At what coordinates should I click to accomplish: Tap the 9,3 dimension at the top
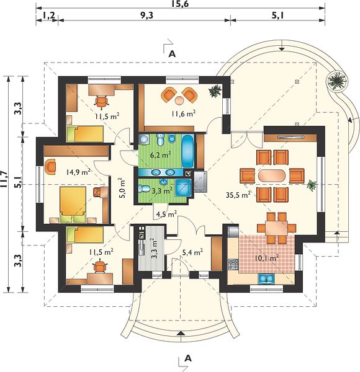[146, 15]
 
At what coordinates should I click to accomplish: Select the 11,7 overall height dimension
[4, 179]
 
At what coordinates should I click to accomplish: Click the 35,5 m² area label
[238, 195]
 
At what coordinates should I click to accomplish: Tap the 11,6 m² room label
[184, 113]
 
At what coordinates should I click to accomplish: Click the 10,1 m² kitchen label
[267, 258]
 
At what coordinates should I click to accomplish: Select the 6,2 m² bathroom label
[161, 155]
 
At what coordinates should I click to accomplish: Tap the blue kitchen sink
[266, 278]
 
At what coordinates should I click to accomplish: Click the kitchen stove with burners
[233, 264]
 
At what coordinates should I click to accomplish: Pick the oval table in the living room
[272, 175]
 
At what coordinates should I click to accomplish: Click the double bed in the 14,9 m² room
[73, 205]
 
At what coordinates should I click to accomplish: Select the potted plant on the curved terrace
[336, 81]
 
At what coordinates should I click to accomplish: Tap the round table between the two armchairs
[179, 100]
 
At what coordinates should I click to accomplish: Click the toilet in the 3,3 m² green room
[143, 189]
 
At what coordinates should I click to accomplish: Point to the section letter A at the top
[172, 54]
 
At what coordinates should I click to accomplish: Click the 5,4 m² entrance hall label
[192, 253]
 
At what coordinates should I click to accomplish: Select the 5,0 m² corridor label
[122, 188]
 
